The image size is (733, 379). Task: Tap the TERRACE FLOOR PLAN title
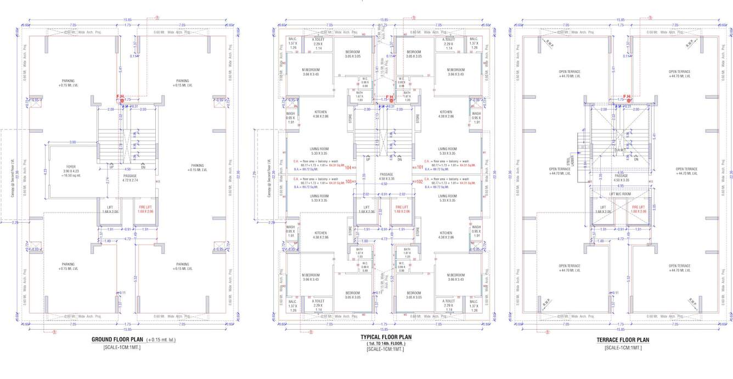click(x=623, y=340)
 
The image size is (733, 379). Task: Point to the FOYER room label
click(x=71, y=166)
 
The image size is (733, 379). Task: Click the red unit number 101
click(x=420, y=167)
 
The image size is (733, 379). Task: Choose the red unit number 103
click(x=348, y=182)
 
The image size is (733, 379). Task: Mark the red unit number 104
click(x=348, y=167)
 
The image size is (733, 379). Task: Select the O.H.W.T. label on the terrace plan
click(x=621, y=150)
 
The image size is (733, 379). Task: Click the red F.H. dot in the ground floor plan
click(x=122, y=101)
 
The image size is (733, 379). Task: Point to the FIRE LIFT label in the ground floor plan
click(x=145, y=207)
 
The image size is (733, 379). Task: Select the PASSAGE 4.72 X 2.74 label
click(x=129, y=177)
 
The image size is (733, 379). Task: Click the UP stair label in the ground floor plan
click(x=111, y=165)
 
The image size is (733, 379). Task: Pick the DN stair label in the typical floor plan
click(x=400, y=159)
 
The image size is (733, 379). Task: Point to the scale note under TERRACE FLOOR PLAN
click(x=623, y=348)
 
